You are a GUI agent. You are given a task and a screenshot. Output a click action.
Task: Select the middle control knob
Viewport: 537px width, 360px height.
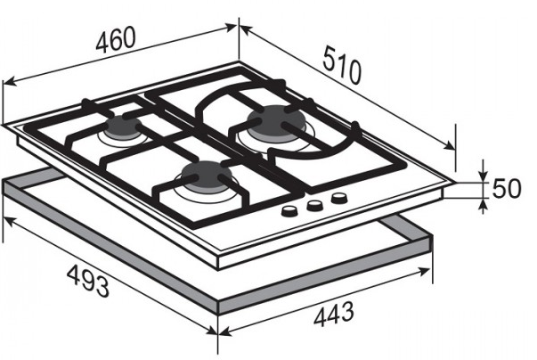pyautogui.click(x=313, y=206)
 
